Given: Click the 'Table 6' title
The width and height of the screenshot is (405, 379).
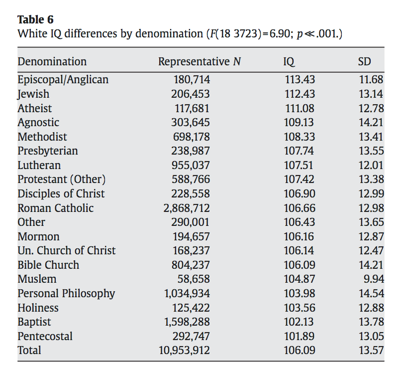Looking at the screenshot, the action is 35,19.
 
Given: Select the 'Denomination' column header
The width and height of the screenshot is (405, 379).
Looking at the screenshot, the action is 52,62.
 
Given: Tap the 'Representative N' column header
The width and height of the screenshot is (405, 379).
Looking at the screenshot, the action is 200,62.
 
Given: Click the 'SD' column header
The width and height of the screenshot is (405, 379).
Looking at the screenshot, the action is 364,62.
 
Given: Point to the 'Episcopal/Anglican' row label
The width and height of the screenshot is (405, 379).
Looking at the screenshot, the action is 63,79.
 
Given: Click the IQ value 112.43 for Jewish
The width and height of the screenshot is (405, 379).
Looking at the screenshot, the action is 300,94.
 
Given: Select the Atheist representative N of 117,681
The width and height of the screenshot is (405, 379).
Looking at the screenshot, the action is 192,108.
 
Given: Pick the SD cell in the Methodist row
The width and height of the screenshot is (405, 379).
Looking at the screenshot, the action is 371,137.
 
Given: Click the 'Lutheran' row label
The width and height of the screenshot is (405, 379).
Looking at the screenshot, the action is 39,165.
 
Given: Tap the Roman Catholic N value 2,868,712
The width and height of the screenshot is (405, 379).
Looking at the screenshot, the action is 187,208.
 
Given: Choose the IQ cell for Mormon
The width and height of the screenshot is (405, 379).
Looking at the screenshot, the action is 299,236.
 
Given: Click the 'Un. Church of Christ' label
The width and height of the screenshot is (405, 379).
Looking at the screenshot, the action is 66,251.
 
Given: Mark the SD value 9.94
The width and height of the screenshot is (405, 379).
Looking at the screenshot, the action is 374,279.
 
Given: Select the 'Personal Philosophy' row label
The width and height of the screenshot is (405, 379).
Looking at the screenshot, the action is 66,294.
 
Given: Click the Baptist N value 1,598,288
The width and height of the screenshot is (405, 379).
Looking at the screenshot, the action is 187,322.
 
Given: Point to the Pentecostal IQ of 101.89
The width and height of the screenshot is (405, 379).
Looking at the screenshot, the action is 299,336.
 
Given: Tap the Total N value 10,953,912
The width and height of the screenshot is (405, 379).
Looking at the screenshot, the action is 184,350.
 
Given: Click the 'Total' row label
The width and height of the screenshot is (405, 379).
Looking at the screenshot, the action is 29,350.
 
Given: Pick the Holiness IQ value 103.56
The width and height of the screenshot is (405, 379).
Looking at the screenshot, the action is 300,308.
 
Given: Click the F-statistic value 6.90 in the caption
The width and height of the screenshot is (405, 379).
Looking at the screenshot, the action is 279,33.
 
